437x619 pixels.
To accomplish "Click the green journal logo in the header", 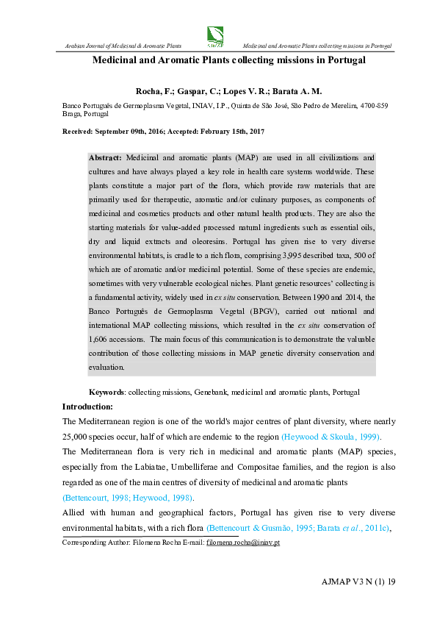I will point(216,35).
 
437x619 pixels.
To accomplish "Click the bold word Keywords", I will point(106,393).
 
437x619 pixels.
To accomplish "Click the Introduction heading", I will point(87,407).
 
